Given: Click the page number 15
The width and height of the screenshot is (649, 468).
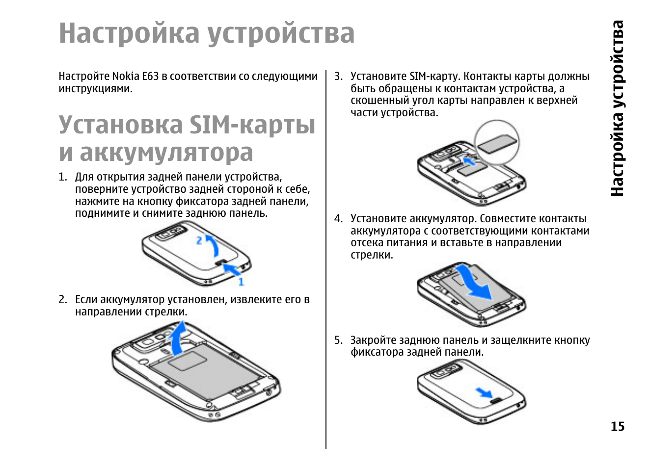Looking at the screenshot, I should pos(617,426).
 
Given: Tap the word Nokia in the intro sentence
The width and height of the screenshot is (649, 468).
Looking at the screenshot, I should pos(126,77).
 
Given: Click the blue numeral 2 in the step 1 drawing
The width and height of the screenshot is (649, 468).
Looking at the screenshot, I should pos(199,240).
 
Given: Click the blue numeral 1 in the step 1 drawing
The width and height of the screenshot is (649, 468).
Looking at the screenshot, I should pos(241,282).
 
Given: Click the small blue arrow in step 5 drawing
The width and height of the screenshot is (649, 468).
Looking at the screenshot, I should pos(484,392).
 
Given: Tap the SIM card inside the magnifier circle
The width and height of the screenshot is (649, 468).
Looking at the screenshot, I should pos(497,144).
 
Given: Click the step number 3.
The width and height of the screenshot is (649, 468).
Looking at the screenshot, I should pos(338,77).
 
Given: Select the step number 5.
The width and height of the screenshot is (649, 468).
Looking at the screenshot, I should pos(338,340).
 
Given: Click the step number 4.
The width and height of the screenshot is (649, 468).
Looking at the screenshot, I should pos(338,219).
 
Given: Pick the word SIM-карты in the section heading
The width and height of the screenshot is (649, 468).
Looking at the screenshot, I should pos(252,125).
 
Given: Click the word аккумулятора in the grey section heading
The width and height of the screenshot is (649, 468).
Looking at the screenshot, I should pos(166,153).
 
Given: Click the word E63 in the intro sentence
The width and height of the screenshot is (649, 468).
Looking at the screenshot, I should pos(150,77).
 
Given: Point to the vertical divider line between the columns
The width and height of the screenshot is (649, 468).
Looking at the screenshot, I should pos(326,260).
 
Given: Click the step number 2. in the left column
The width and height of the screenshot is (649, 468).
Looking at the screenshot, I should pos(63,300).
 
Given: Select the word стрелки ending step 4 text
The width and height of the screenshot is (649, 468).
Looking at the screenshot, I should pos(371,255).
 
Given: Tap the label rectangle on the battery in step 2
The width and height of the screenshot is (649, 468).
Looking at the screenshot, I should pos(187,361).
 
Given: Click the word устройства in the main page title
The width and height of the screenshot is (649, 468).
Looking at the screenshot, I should pos(280,33).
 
